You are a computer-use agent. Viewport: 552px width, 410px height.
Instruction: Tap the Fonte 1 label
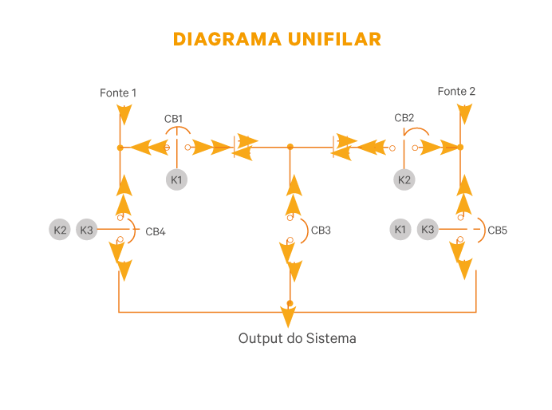point(118,93)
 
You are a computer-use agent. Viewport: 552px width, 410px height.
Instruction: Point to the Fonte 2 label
point(456,92)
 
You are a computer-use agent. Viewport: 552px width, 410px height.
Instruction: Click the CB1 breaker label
point(174,119)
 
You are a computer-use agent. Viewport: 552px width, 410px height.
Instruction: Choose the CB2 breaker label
point(404,118)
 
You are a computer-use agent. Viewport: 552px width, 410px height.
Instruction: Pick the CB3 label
point(321,231)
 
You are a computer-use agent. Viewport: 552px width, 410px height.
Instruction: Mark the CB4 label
point(156,232)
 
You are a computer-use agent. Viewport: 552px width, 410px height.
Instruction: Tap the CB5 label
point(497,231)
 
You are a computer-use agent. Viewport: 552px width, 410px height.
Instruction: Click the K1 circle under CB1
point(177,179)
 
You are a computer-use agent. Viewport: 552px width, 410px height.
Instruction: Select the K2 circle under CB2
point(405,179)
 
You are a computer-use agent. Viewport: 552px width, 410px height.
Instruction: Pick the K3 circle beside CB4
point(87,231)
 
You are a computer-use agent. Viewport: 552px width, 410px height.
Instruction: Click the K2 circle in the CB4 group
point(60,231)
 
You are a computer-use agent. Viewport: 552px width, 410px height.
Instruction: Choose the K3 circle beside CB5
point(428,230)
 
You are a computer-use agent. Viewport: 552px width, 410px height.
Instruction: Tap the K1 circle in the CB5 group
point(400,230)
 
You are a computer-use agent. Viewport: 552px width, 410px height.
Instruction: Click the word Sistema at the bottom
point(331,338)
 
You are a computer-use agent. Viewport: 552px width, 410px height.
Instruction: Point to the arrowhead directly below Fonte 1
point(124,117)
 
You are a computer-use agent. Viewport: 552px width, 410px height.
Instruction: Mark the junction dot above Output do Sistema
point(290,303)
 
